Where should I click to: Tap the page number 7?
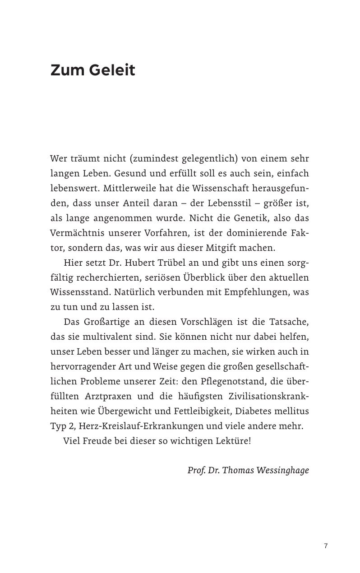(x=326, y=546)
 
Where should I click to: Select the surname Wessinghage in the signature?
(x=283, y=470)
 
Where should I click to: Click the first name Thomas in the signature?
(x=238, y=470)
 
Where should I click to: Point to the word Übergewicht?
(x=119, y=411)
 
